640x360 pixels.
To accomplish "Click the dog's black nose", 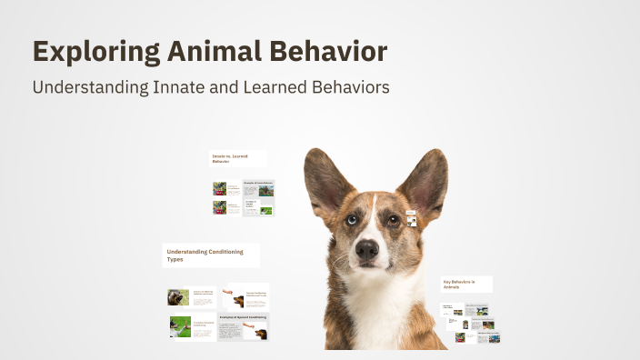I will pyautogui.click(x=367, y=248).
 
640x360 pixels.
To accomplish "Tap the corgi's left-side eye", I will pyautogui.click(x=350, y=219).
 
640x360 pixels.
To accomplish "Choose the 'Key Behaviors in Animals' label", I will pyautogui.click(x=466, y=284).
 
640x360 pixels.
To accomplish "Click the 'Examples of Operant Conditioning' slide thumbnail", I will pyautogui.click(x=243, y=325).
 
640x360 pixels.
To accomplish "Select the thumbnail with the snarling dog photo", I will pyautogui.click(x=245, y=296).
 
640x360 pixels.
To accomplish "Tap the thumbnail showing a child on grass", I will pyautogui.click(x=192, y=326).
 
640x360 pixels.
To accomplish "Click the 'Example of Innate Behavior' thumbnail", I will pyautogui.click(x=258, y=188).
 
